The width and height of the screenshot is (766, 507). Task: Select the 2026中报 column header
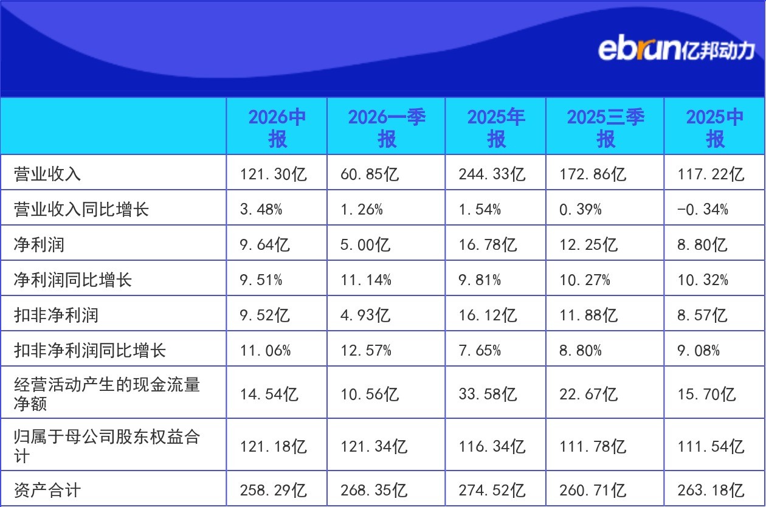277,128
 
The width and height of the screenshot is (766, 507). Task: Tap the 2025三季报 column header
606,128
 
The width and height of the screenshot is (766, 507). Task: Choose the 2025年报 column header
496,128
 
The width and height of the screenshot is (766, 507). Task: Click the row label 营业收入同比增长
81,209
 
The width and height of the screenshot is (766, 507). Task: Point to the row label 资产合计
47,490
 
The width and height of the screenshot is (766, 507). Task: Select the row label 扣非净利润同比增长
89,350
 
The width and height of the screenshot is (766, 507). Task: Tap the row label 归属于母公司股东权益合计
107,446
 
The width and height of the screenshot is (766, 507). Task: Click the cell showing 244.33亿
492,174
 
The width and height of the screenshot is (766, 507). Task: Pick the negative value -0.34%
703,209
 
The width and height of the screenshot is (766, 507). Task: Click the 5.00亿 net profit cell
365,244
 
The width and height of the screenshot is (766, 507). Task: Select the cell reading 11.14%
366,280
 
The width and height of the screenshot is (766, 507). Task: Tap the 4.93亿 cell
365,315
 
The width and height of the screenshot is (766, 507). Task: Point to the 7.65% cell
480,350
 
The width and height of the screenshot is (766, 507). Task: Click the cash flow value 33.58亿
488,394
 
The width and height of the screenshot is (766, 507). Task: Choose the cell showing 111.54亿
711,446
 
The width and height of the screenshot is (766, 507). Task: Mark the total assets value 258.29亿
273,490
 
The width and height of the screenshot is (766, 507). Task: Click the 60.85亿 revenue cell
370,174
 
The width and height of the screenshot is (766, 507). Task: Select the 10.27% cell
585,280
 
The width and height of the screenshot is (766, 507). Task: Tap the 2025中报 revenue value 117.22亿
711,174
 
